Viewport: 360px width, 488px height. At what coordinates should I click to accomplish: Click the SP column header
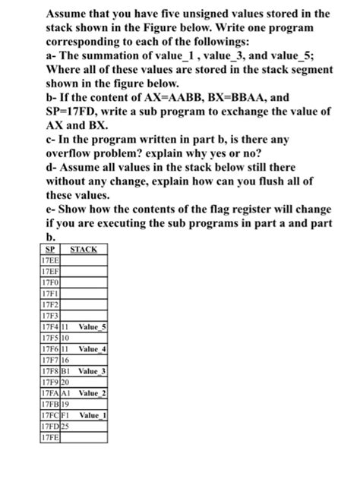click(49, 249)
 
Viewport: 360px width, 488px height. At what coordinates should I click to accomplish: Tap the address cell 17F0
click(49, 280)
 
